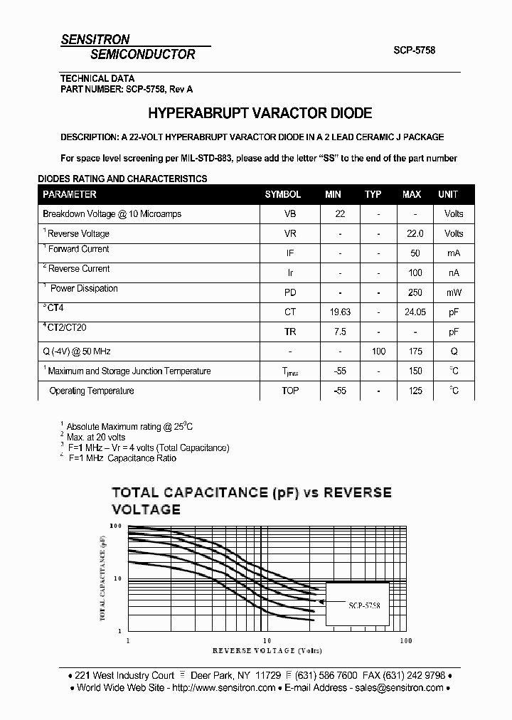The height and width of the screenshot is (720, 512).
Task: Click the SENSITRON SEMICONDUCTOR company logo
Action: point(128,47)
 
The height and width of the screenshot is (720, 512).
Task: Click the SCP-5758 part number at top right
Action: point(414,51)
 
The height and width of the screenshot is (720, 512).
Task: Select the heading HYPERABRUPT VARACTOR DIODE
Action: point(260,113)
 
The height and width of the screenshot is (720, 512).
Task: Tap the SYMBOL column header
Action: point(282,194)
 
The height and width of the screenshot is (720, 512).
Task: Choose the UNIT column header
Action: point(448,194)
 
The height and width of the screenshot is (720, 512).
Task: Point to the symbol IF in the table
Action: point(290,253)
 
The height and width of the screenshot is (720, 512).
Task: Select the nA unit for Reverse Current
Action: point(453,272)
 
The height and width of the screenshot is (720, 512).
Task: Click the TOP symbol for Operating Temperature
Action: point(290,391)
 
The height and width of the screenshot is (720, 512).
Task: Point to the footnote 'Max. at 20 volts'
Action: point(96,437)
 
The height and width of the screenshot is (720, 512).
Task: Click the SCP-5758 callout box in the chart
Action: point(358,604)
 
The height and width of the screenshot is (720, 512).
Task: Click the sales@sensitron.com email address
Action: point(398,688)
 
